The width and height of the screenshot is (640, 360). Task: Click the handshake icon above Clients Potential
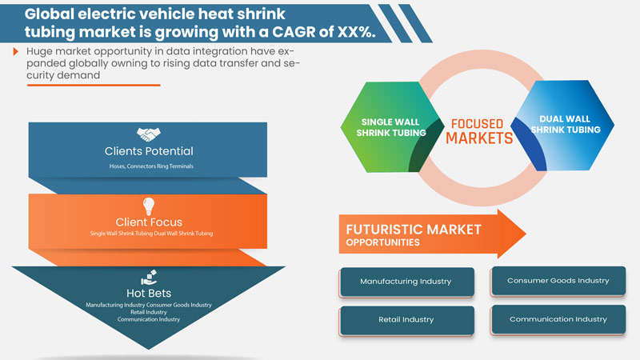point(149,135)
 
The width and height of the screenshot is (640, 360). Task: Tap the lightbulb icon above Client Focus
point(149,206)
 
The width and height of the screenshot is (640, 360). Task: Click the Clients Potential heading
point(149,150)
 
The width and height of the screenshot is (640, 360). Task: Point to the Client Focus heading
point(149,223)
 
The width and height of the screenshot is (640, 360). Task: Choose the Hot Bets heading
point(149,294)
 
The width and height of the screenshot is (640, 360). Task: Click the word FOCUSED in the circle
point(477,124)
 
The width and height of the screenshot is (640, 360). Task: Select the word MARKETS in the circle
point(478,138)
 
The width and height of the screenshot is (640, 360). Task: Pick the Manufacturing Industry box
point(406,282)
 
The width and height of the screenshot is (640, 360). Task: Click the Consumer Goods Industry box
point(559,281)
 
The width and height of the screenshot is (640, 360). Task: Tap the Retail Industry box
point(406,319)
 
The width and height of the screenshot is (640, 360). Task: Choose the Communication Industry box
point(558,319)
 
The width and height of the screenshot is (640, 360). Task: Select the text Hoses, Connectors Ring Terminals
point(149,166)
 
